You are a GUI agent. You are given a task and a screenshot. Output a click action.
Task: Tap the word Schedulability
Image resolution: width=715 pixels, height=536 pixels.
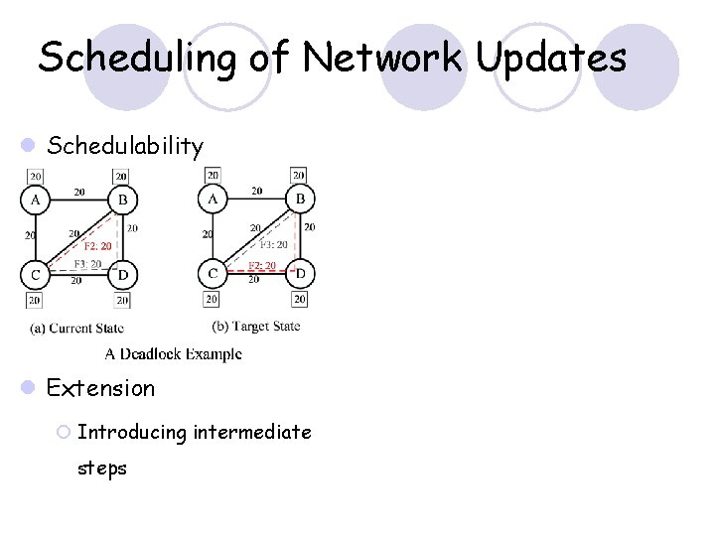coord(125,147)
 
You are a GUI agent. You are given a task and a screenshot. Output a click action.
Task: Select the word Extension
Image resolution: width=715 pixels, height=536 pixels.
coord(101,388)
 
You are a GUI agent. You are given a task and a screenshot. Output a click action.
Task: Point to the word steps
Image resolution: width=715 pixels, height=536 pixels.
coord(102,468)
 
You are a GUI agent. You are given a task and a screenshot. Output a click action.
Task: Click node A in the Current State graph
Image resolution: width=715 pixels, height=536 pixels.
coord(35,200)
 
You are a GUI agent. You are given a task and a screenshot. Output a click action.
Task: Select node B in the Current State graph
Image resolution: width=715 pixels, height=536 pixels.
coord(121,200)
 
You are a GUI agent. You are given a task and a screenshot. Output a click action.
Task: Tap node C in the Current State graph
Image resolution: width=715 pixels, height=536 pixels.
coord(35,274)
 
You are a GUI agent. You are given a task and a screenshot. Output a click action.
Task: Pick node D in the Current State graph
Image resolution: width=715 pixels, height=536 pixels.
coord(121,274)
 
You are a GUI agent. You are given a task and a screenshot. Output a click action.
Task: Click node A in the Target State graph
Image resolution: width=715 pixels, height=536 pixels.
coord(213,200)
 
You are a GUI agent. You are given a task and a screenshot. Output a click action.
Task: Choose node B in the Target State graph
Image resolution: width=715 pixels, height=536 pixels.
coord(299,200)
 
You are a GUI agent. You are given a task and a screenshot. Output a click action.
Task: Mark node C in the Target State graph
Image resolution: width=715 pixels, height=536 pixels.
coord(213,273)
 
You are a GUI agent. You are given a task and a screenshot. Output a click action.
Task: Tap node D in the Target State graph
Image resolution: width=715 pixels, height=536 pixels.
coord(299,273)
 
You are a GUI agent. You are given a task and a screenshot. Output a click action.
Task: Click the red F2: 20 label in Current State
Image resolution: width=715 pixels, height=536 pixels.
coord(97,245)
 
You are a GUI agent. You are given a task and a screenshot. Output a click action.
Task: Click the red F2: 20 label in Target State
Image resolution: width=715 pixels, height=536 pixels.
coord(262,265)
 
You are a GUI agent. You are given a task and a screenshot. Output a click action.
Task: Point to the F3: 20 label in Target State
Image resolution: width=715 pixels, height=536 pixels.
coord(273,245)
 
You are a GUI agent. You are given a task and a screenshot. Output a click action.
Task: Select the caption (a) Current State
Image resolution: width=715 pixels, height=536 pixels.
coord(76,328)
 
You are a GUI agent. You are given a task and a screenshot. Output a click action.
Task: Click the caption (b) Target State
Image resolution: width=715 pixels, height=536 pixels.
coord(256,326)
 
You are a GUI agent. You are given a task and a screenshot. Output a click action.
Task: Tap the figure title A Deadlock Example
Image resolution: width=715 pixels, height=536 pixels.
coord(173,352)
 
